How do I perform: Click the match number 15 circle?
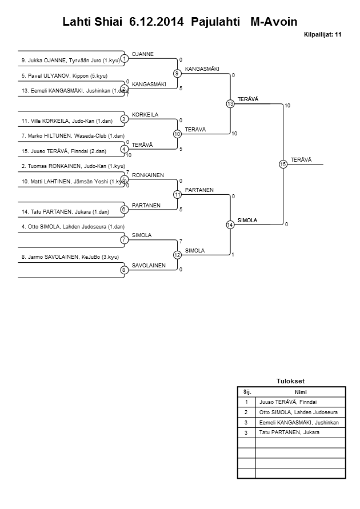(282, 165)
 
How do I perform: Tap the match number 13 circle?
(230, 104)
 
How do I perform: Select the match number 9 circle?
(177, 74)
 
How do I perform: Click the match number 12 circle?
(177, 255)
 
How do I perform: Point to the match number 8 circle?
(124, 270)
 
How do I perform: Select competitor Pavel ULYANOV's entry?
(65, 75)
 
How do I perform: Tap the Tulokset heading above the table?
(291, 381)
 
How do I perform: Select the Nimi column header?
(301, 392)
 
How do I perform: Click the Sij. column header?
(247, 392)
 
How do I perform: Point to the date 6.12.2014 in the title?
(157, 22)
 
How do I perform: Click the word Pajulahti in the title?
(216, 22)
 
